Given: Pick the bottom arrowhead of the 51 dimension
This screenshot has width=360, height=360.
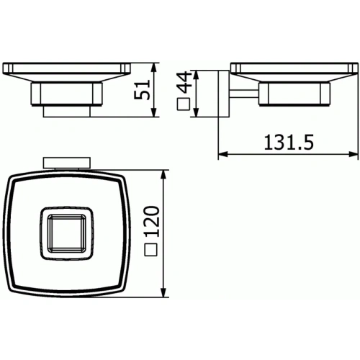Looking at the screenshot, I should [x=155, y=113].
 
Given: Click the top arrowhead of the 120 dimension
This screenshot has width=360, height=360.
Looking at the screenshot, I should [x=167, y=176].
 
